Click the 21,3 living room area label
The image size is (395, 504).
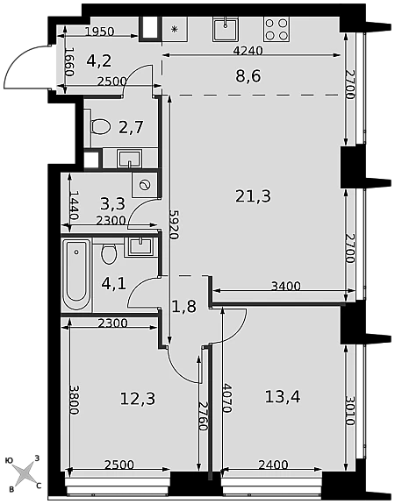tap(254, 196)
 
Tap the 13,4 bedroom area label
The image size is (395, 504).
tap(283, 397)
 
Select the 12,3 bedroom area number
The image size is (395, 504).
tap(138, 399)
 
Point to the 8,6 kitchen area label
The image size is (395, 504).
tap(248, 76)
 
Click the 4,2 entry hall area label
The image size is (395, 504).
tap(99, 60)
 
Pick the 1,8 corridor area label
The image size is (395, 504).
tap(184, 306)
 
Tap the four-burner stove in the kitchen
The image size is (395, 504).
tap(276, 29)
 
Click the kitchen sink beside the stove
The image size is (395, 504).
tap(226, 29)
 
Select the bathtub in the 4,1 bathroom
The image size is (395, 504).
tap(76, 275)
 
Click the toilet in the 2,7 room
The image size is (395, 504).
tap(100, 125)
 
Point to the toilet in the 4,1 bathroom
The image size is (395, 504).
tap(109, 253)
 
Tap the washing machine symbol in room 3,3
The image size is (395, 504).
tap(144, 185)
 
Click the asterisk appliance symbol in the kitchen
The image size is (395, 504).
tap(174, 30)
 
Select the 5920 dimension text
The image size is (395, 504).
tap(174, 224)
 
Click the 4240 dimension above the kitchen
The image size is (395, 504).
tap(248, 51)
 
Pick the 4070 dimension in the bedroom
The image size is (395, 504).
tap(226, 398)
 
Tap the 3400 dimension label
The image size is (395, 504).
tap(286, 286)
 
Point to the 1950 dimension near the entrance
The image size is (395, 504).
tap(100, 32)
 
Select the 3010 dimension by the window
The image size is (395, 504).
tap(350, 410)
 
